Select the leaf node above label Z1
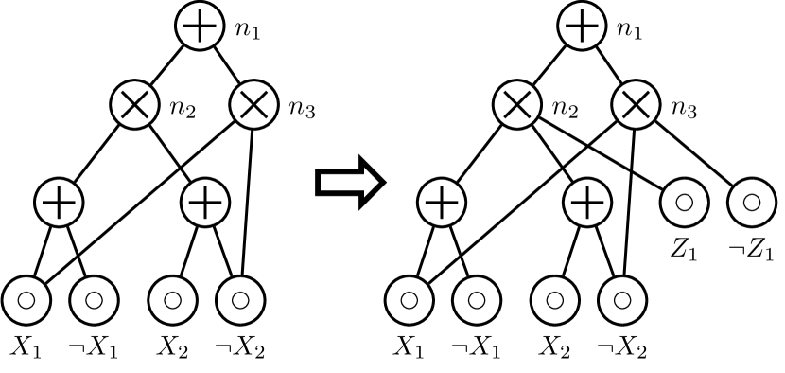[686, 203]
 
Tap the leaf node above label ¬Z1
[753, 203]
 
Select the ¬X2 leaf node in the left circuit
[239, 300]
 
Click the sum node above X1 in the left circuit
[60, 203]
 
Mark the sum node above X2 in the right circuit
[587, 203]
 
